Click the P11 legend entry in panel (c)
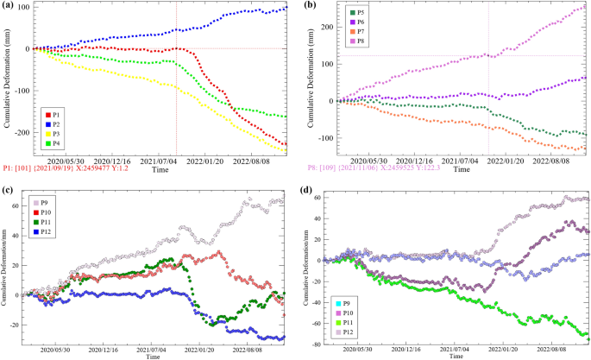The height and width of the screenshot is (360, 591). pos(47,220)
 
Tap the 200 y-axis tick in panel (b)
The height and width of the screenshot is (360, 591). pos(325,27)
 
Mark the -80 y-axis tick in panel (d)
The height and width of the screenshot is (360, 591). pos(318,344)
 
